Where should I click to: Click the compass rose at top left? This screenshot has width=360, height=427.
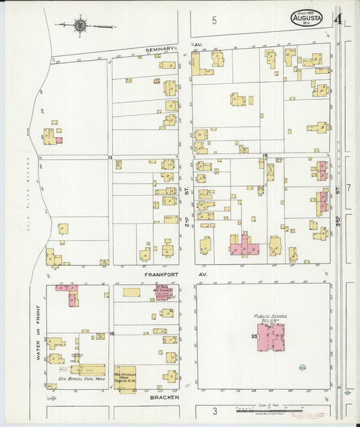click(x=80, y=26)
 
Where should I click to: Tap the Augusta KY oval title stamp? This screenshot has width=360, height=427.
click(x=307, y=18)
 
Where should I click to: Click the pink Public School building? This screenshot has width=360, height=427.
click(x=270, y=336)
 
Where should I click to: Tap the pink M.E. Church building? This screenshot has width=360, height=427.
click(x=163, y=293)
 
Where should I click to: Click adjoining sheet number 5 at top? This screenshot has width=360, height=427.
click(x=214, y=20)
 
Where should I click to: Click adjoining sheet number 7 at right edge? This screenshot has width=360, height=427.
click(x=349, y=187)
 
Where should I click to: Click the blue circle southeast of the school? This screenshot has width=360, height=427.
click(x=301, y=368)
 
